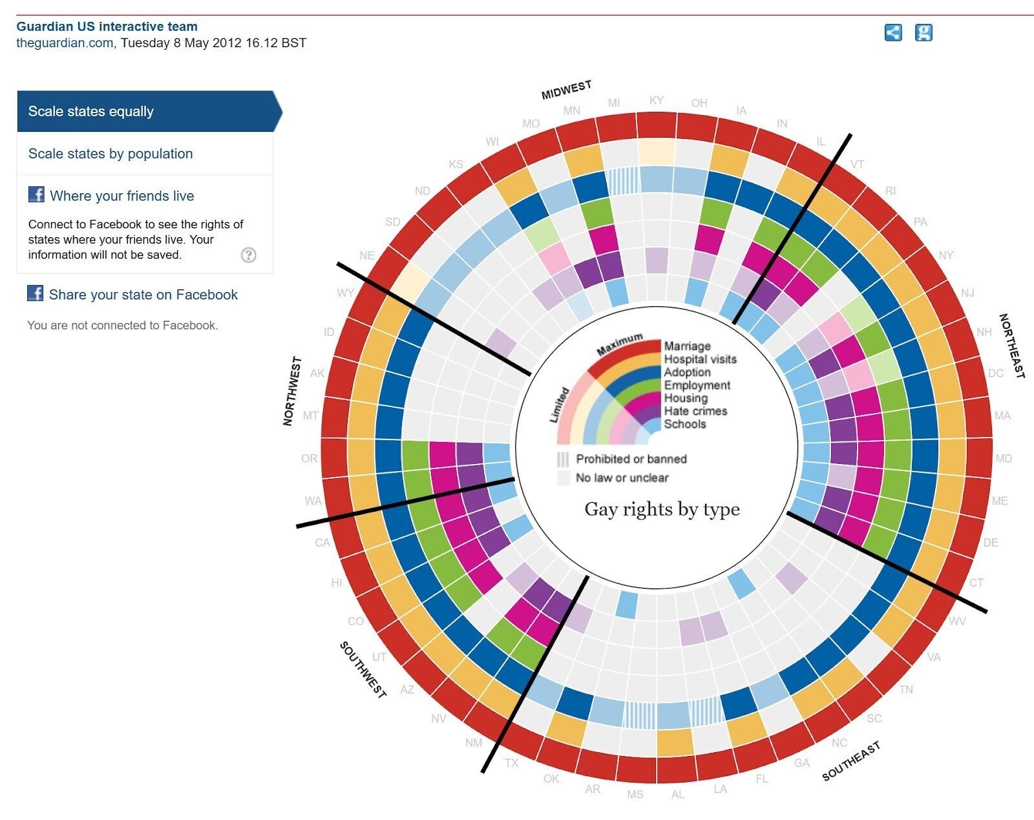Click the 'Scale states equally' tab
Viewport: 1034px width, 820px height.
coord(91,111)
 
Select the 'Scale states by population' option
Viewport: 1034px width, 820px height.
coord(111,154)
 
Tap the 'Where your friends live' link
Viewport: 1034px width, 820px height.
coord(121,196)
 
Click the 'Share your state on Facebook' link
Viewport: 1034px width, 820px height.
coord(143,295)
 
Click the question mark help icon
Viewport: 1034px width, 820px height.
coord(248,255)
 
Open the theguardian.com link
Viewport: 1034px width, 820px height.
coord(65,43)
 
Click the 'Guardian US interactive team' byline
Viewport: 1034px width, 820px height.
coord(107,26)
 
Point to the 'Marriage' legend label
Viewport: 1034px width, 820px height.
coord(687,346)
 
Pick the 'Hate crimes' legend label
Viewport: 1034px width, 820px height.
coord(695,411)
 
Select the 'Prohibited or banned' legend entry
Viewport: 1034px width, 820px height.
coord(631,459)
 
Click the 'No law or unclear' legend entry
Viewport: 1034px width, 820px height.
coord(622,478)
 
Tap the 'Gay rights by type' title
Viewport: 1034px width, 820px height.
coord(662,509)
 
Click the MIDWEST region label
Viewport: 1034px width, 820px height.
coord(566,90)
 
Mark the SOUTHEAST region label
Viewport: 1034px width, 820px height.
coord(850,761)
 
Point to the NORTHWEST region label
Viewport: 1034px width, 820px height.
coord(292,391)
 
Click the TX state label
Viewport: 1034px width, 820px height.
coord(511,762)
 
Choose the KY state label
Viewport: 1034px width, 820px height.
coord(656,100)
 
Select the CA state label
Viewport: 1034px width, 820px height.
coord(322,542)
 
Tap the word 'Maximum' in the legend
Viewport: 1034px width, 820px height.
coord(619,344)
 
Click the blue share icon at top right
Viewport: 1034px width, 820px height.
coord(892,32)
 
